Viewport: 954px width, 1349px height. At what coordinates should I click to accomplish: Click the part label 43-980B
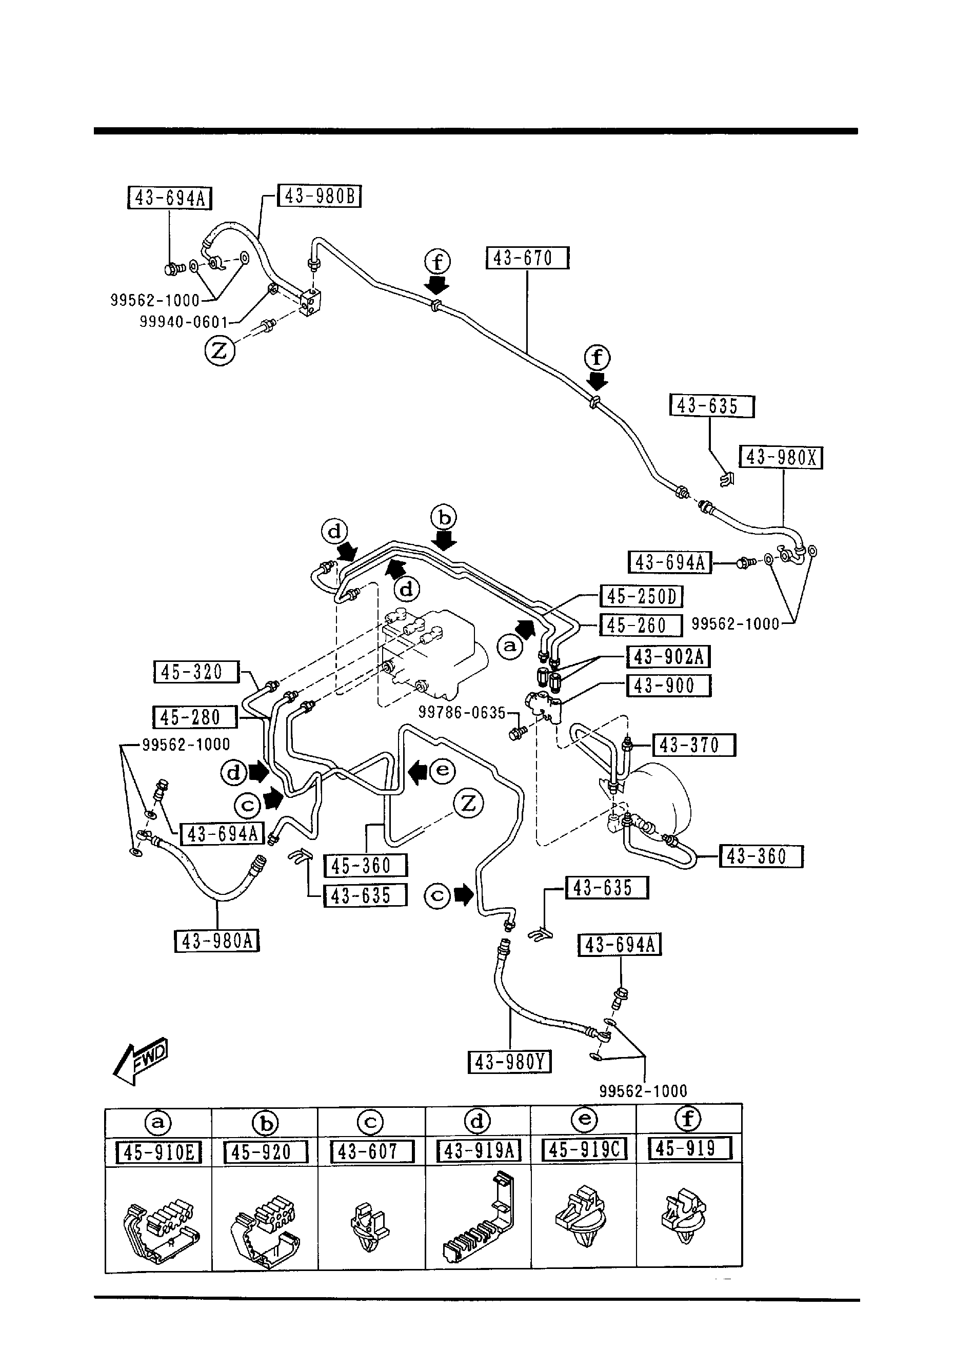coord(319,196)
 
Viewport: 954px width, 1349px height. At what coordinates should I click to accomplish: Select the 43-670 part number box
coord(527,258)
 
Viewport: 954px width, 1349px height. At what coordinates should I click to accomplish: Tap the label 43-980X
coord(781,458)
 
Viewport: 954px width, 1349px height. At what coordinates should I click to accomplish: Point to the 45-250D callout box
coord(641,597)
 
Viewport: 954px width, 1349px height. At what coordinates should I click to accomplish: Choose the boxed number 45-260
coord(640,625)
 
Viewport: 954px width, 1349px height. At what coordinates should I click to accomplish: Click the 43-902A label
coord(668,656)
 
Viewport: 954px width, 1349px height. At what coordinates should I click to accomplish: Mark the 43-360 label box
coord(761,856)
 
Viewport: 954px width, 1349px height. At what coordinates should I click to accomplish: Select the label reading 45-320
coord(196,672)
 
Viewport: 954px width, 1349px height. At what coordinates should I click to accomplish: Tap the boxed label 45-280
coord(194,717)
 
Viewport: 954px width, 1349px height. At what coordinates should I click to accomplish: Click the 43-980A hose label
coord(217,941)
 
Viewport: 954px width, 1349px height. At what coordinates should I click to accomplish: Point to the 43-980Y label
coord(509,1062)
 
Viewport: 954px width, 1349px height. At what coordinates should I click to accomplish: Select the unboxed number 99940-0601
coord(183,322)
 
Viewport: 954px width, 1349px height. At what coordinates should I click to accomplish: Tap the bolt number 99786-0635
coord(462,713)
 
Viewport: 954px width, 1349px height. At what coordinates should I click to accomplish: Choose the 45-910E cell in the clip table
coord(159,1151)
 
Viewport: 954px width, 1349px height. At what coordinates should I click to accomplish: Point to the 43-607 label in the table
coord(372,1151)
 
